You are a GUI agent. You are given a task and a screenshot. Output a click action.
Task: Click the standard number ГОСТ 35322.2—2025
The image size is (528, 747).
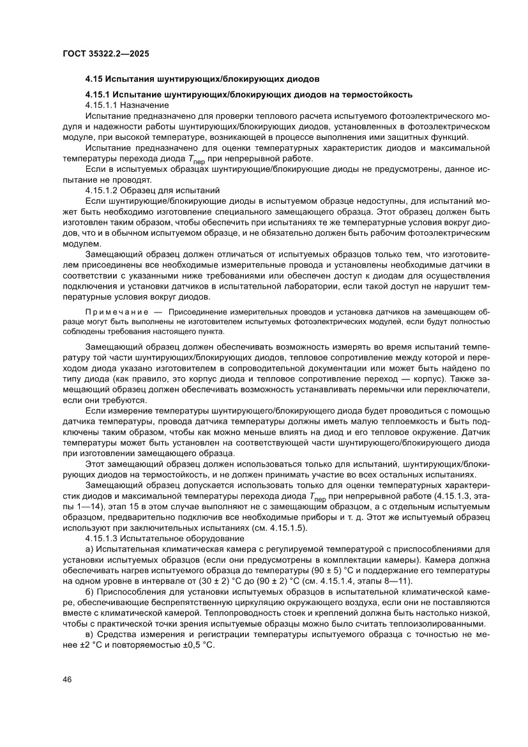106,54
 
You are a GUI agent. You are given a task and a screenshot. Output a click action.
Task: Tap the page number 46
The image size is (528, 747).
67,679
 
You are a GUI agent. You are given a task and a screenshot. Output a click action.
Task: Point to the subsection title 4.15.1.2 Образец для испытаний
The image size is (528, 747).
152,190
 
